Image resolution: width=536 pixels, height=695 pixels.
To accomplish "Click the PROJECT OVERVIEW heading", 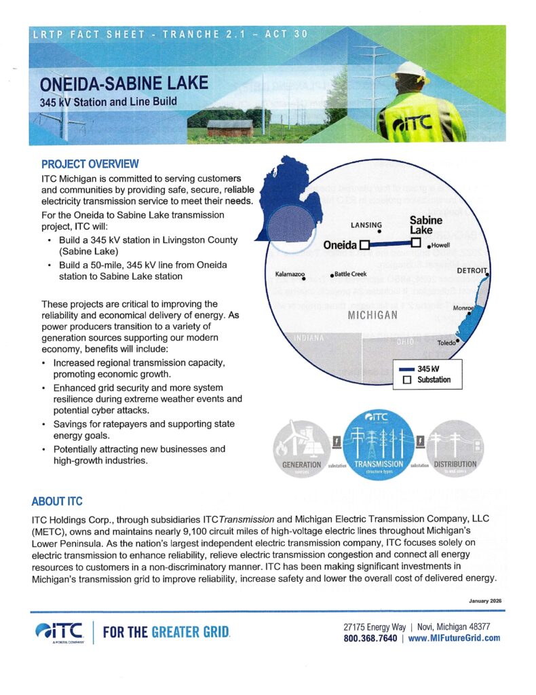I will [x=90, y=164].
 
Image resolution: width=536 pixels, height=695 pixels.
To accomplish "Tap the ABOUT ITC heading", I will [x=56, y=502].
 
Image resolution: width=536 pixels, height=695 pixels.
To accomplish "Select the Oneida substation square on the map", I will [x=364, y=245].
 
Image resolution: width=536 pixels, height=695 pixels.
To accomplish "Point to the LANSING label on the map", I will [x=366, y=225].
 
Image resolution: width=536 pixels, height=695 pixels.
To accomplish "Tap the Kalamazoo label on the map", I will [x=285, y=274].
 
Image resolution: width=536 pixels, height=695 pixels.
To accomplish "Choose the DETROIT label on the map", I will [x=472, y=270].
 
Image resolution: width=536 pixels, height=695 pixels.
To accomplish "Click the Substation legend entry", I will [x=427, y=380].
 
